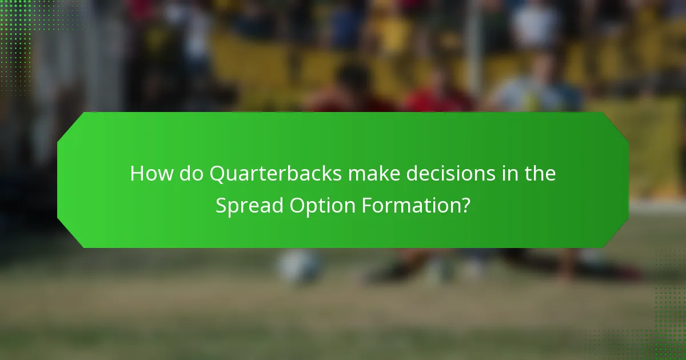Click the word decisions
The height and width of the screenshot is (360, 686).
click(457, 174)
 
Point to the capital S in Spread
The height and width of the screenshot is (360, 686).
click(221, 205)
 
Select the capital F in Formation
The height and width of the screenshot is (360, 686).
click(366, 205)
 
